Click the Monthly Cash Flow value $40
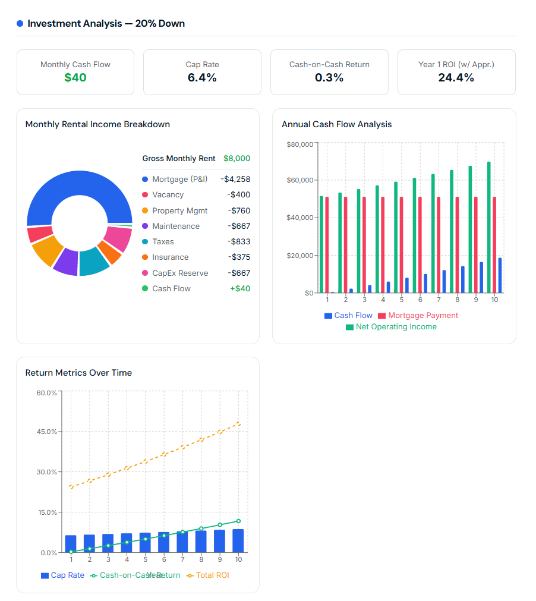[x=75, y=77]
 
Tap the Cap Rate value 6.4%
[x=202, y=77]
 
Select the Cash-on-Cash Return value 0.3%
[x=329, y=77]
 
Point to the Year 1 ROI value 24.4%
[x=456, y=77]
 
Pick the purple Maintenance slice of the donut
[x=65, y=262]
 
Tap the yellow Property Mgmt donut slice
[x=47, y=250]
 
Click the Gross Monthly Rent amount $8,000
[x=237, y=159]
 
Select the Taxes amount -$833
[x=239, y=242]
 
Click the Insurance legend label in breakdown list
[x=170, y=257]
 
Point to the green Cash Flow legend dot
[x=145, y=289]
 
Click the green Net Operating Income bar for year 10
[x=489, y=227]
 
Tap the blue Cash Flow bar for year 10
[x=500, y=275]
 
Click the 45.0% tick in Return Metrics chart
[x=47, y=432]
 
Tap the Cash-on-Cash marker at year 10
[x=238, y=521]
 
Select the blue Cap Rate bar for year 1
[x=71, y=544]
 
